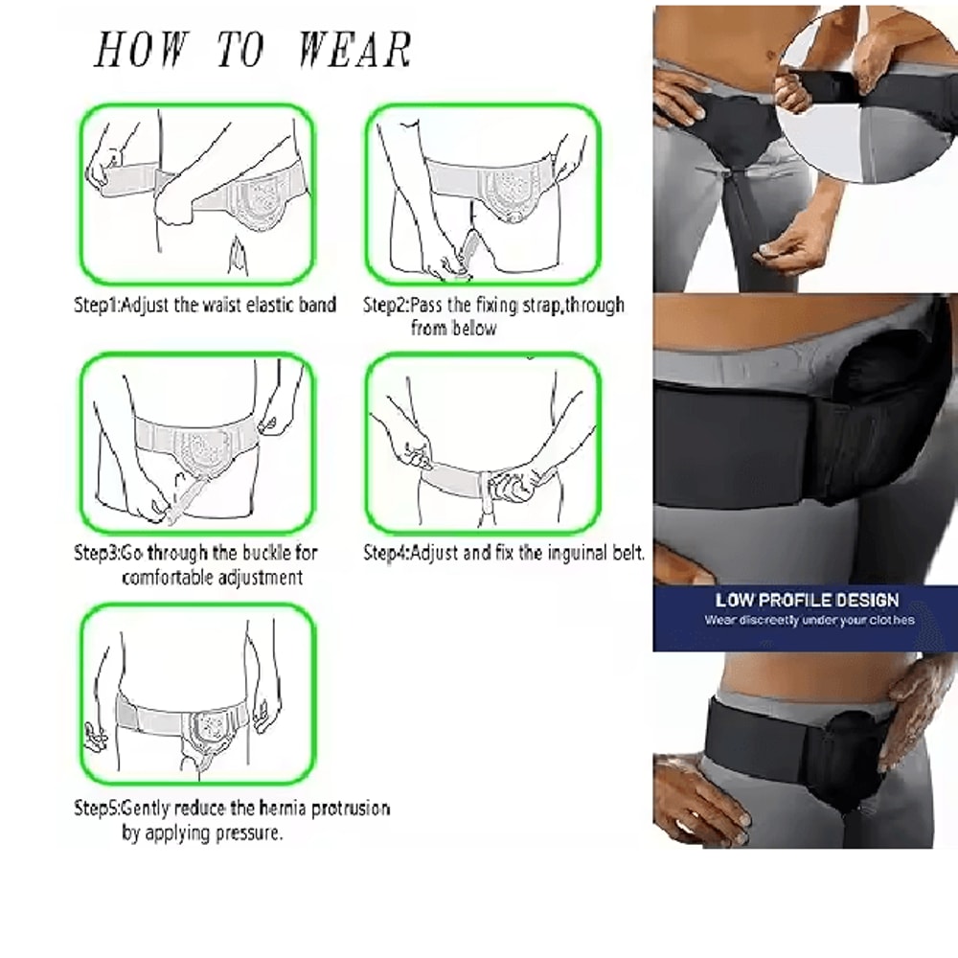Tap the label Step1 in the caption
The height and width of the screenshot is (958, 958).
point(98,306)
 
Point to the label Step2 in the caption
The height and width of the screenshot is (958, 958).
point(386,306)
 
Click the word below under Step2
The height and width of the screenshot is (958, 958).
point(476,329)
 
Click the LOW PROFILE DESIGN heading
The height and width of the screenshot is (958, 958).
point(807,601)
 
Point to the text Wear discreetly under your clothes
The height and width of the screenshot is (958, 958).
point(810,621)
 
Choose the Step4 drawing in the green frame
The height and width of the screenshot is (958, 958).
point(485,444)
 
